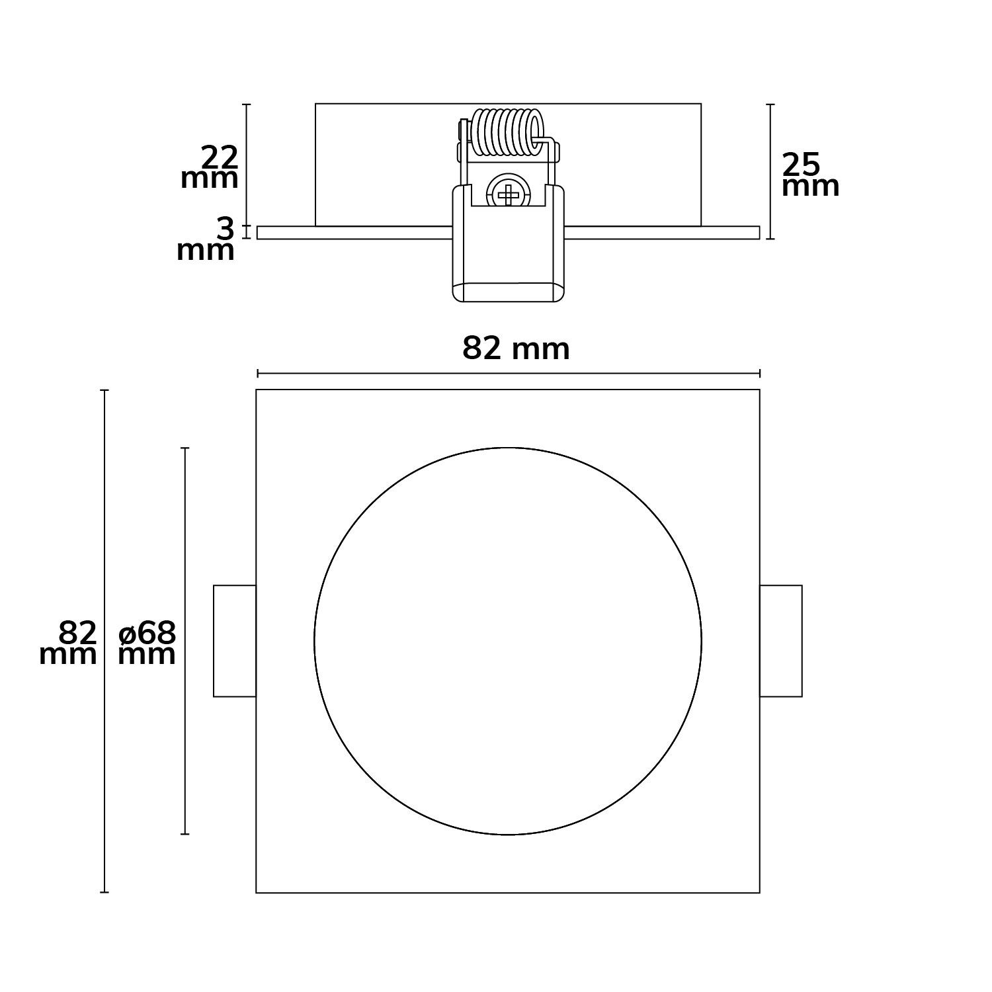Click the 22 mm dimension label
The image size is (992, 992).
pyautogui.click(x=210, y=168)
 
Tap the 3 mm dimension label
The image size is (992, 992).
pyautogui.click(x=206, y=239)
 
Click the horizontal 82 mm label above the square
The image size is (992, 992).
pyautogui.click(x=516, y=349)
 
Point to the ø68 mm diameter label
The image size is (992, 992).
pyautogui.click(x=147, y=643)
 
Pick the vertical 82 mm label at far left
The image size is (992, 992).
pyautogui.click(x=68, y=643)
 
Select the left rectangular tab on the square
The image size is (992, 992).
pyautogui.click(x=235, y=641)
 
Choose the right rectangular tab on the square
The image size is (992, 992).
pyautogui.click(x=781, y=641)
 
